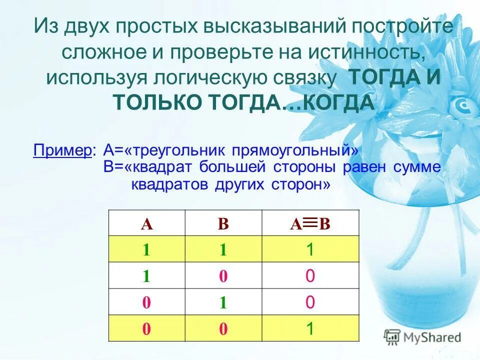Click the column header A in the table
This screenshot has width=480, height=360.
coord(146,223)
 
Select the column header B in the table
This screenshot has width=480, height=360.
coord(223,223)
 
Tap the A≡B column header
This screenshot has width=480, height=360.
coord(310,223)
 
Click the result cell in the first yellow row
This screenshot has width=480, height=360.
coord(310,249)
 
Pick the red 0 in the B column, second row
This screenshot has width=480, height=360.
coord(223,276)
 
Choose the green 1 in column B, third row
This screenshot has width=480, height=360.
coord(223,302)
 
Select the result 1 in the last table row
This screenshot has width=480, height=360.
coord(310,328)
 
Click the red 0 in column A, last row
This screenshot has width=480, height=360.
coord(146,328)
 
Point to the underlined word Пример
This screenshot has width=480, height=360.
coord(62,151)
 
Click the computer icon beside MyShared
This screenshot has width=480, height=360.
coord(392,337)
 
